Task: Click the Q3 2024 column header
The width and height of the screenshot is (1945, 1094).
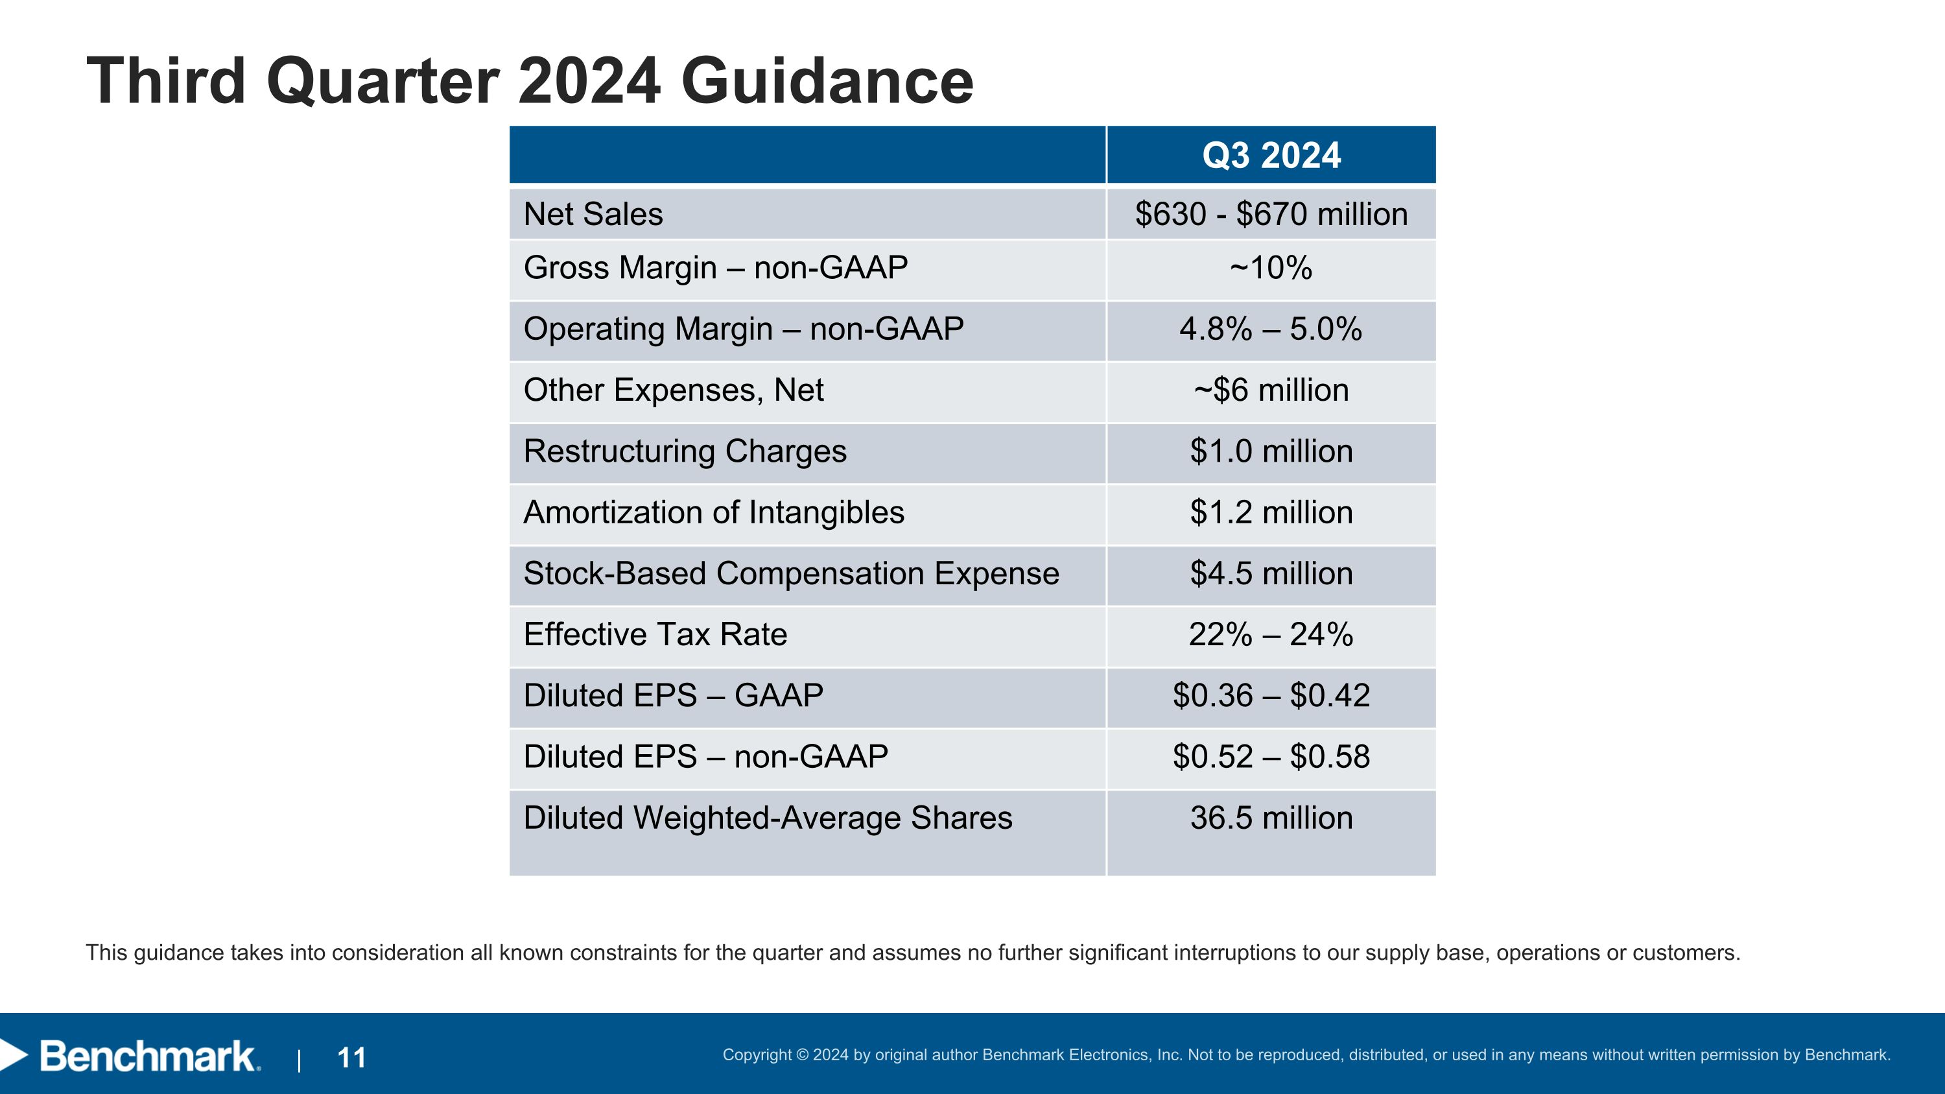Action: (1271, 156)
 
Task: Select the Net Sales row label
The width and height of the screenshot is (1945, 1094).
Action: (593, 215)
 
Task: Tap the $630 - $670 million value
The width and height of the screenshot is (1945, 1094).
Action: (1271, 215)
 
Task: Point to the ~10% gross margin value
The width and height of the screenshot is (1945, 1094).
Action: (1271, 268)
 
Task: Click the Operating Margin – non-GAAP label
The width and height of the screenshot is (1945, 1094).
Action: (743, 329)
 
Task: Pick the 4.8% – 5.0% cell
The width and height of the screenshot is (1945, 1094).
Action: (1271, 329)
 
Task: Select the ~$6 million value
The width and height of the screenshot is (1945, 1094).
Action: (1271, 390)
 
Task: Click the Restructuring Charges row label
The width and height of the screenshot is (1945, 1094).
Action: (685, 451)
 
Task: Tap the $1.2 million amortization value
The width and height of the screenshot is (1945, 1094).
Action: (1271, 513)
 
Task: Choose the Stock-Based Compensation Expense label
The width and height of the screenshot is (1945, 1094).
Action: (791, 574)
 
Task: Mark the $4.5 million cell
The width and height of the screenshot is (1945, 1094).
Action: (1271, 574)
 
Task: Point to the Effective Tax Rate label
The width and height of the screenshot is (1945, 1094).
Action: (655, 635)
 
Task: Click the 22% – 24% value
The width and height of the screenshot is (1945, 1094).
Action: (1271, 635)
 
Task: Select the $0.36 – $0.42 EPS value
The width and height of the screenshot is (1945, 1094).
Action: (1271, 695)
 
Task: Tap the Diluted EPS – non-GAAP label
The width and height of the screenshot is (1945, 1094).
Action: (705, 757)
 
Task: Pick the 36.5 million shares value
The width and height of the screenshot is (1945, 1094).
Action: (1271, 818)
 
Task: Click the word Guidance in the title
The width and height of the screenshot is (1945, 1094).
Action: (827, 82)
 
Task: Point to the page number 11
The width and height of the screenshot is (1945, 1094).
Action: (352, 1058)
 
